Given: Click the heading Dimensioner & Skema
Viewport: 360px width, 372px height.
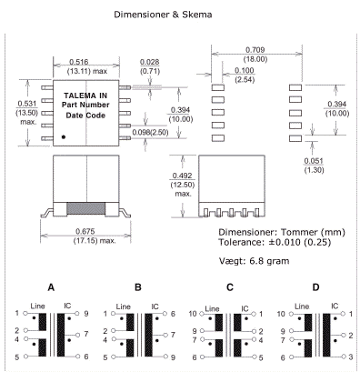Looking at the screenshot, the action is point(163,15).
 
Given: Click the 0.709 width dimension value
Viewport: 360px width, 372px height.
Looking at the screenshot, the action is point(255,50).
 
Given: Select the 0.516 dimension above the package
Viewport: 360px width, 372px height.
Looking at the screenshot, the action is point(79,62).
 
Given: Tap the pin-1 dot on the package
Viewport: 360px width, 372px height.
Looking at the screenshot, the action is point(64,137).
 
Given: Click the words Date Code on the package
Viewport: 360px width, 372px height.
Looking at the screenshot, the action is point(85,116).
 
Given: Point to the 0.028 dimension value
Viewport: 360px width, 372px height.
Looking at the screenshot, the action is point(149,62).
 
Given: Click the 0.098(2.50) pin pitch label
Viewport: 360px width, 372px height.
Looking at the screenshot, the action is point(150,133).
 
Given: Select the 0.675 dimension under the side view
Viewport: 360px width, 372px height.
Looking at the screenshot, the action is point(85,232).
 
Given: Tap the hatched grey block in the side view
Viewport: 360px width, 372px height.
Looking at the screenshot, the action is point(85,208).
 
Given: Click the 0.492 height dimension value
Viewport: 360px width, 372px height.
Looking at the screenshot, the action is point(182,176).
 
